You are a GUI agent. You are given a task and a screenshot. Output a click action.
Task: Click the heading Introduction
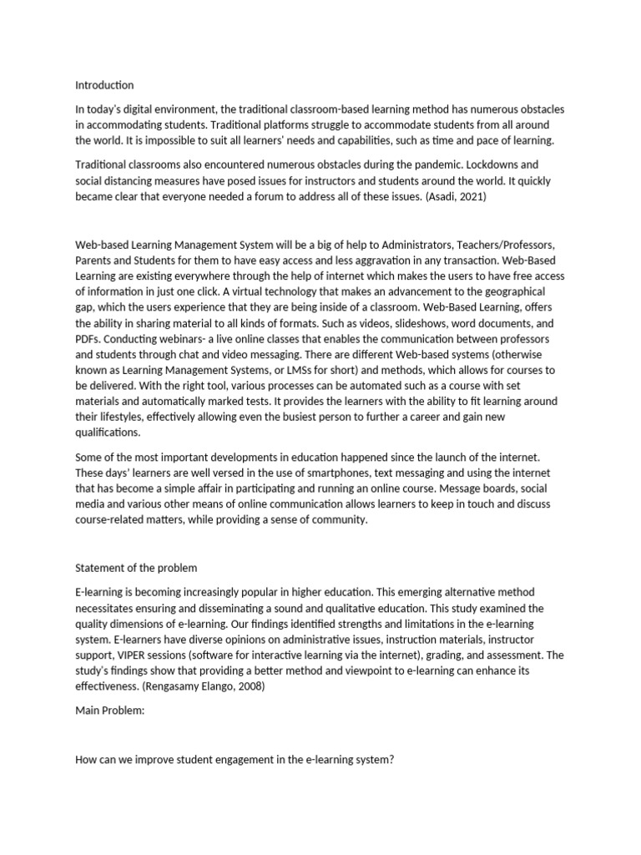[x=104, y=85]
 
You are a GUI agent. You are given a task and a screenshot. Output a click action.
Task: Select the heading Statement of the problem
[x=136, y=568]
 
